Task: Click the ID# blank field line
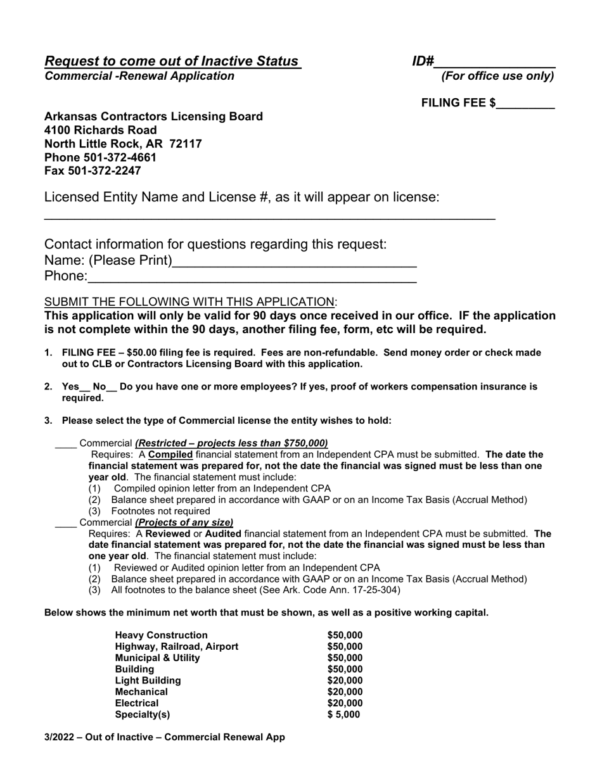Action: (495, 66)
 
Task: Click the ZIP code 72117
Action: (186, 144)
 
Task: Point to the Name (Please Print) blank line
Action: (294, 265)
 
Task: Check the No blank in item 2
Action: (112, 389)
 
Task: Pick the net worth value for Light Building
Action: (345, 680)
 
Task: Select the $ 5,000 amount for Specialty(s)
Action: (343, 714)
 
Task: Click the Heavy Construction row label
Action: (161, 635)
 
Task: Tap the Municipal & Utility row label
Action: (157, 658)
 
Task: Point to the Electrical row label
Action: (137, 703)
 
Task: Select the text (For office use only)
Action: (497, 77)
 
